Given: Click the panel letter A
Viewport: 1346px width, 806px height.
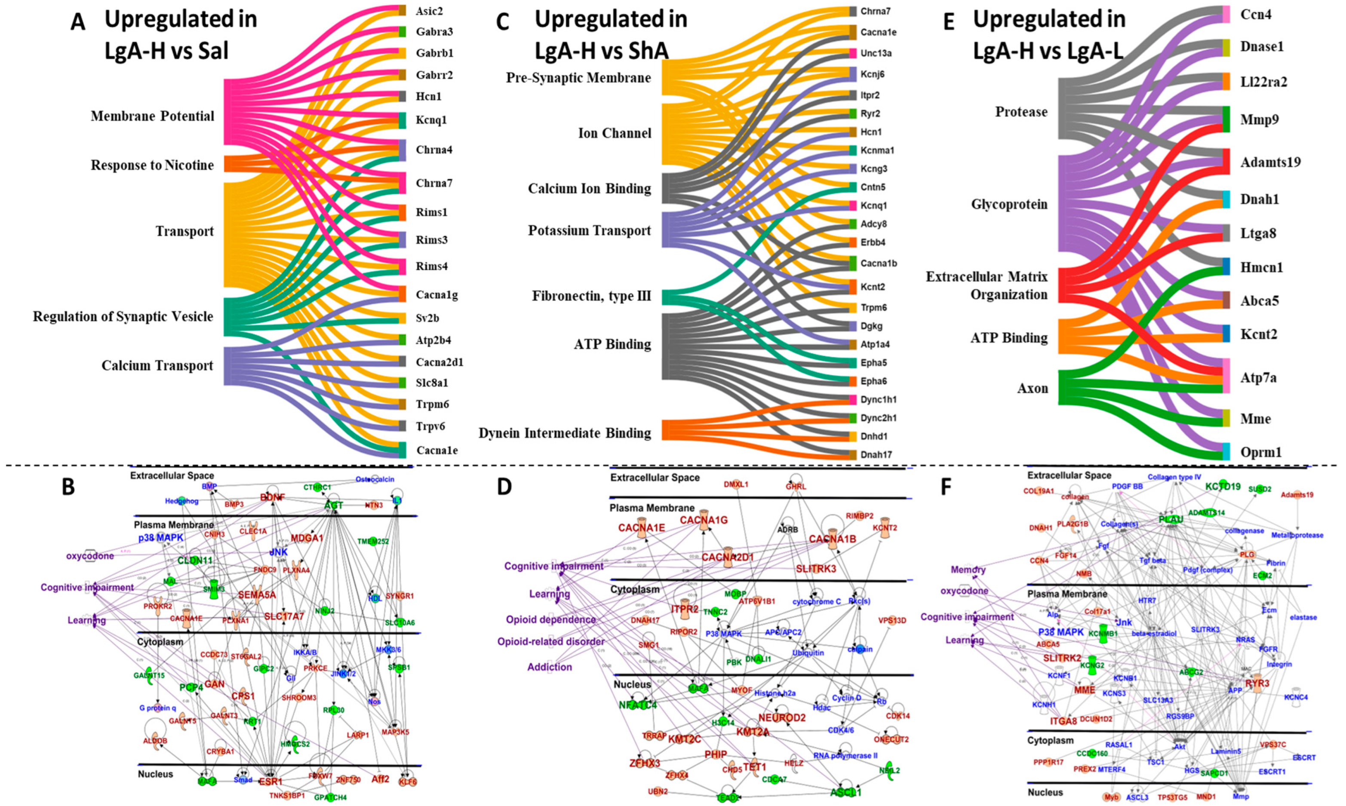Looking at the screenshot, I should (79, 23).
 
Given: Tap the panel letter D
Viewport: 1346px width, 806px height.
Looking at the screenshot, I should (504, 487).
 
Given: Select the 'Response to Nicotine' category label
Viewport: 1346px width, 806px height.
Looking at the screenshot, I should (152, 165).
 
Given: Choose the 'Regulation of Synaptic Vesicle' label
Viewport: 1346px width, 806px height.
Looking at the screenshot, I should (123, 317).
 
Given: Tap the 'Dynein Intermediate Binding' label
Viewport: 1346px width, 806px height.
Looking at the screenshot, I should (564, 433).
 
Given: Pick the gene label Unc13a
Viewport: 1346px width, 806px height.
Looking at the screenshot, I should (876, 53).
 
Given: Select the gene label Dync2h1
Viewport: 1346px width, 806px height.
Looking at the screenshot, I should (878, 418).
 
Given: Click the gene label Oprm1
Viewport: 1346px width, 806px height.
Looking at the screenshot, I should (1261, 452).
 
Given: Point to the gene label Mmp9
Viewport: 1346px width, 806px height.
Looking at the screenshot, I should (1260, 120).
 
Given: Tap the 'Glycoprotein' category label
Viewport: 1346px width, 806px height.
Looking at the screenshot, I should (1009, 205).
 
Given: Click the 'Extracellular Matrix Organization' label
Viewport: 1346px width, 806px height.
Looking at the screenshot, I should (986, 286).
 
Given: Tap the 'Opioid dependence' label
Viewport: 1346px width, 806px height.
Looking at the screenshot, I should (551, 620).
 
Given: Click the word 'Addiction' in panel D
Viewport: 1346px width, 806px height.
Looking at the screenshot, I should (550, 667).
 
